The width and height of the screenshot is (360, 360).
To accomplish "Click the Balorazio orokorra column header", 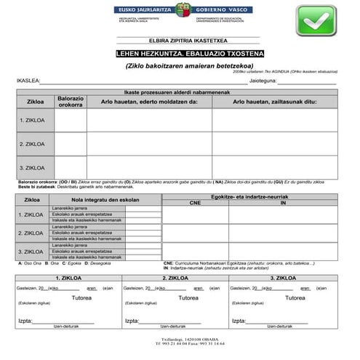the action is [71, 101].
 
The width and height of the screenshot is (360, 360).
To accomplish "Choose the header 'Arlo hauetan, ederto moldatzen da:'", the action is [149, 102].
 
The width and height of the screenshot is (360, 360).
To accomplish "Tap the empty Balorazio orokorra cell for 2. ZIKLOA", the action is [71, 144].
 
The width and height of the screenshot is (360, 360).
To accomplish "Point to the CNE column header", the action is [195, 203].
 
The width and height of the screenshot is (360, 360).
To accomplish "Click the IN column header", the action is [284, 203].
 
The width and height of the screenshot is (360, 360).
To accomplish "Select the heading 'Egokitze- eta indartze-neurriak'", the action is [249, 196].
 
